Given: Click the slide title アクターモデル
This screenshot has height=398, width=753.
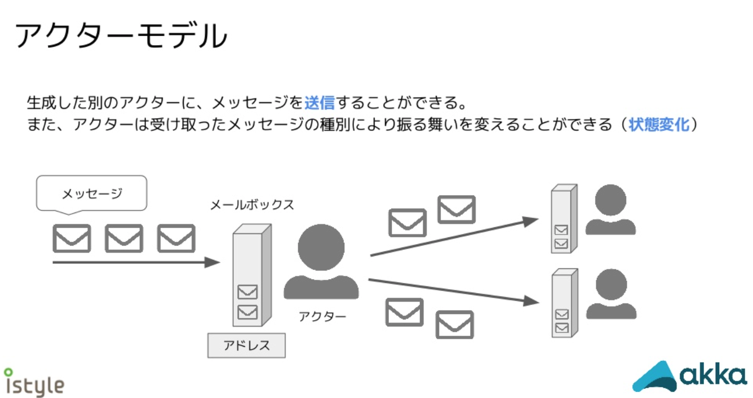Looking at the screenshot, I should [x=121, y=36].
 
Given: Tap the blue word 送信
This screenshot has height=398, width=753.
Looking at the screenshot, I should [x=320, y=103].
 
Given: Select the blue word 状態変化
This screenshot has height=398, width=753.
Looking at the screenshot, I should [x=659, y=124].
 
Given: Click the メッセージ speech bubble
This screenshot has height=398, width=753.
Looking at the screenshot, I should [x=91, y=193].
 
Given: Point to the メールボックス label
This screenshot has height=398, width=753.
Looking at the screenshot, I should [x=252, y=205].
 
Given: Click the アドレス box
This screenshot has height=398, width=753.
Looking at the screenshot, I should [x=246, y=346].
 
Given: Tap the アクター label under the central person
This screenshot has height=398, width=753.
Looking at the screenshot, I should [x=322, y=316].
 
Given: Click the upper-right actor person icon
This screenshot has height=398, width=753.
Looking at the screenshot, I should [x=610, y=210].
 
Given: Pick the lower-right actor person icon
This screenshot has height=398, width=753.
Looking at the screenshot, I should [x=611, y=294].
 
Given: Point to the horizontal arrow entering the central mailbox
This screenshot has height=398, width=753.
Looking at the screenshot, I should [x=135, y=262].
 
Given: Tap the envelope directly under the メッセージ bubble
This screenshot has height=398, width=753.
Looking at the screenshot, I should [x=72, y=238].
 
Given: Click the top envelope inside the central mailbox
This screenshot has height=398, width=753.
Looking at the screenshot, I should [x=247, y=292].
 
